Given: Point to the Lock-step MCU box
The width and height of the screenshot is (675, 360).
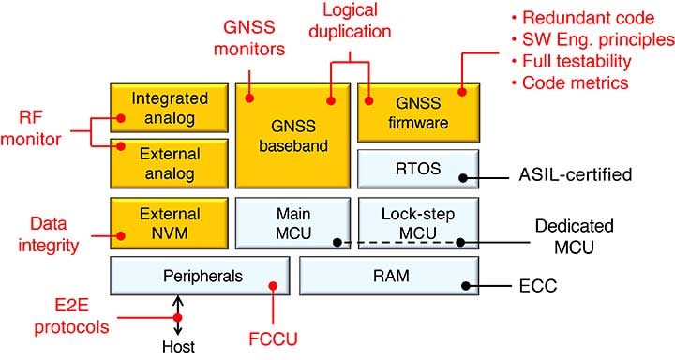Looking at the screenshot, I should [418, 223].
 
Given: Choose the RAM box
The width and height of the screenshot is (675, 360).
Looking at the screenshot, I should [388, 277].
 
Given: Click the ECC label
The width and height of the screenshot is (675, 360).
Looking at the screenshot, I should [541, 284].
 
